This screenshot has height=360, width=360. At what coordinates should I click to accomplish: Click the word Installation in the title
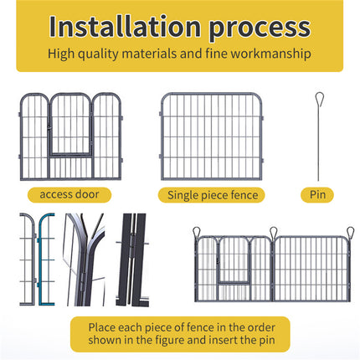(x=125, y=27)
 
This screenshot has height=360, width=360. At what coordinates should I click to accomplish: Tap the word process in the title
(x=260, y=29)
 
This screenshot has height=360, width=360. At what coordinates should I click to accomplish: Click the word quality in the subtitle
(x=98, y=54)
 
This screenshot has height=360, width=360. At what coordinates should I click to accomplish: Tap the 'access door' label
(x=69, y=194)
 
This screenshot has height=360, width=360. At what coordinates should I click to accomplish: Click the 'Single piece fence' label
(x=212, y=195)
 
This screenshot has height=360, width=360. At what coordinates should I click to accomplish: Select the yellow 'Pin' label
(x=317, y=194)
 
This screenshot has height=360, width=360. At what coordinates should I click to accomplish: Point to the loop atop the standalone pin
(x=319, y=100)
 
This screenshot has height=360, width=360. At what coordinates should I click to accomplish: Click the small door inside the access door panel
(x=70, y=124)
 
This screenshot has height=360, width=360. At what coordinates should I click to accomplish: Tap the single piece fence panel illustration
(x=211, y=136)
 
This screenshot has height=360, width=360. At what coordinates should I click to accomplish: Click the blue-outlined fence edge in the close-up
(x=41, y=260)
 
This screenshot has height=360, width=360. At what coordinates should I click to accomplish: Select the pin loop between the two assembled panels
(x=273, y=233)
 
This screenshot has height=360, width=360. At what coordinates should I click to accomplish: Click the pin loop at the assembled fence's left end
(x=197, y=232)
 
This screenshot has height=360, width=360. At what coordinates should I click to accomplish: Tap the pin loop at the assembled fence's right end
(x=350, y=232)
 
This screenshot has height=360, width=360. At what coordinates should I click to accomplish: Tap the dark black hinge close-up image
(x=131, y=260)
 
